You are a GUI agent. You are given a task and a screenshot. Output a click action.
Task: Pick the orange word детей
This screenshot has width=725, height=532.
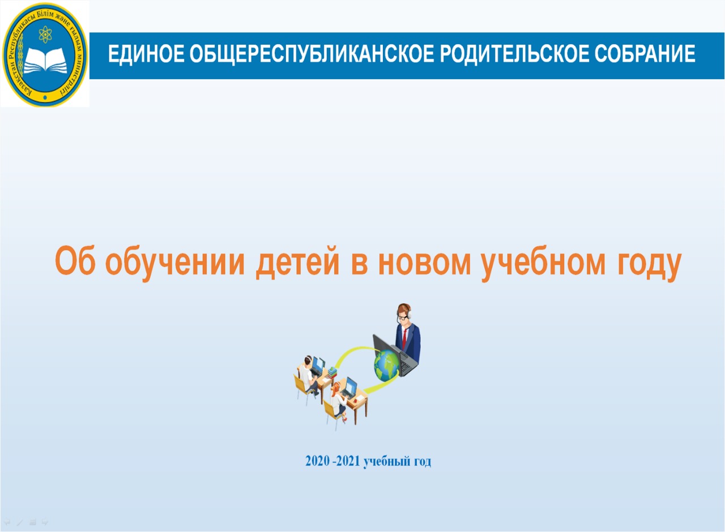point(297,264)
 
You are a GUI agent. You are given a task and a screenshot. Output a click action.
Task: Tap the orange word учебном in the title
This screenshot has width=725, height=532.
point(543,264)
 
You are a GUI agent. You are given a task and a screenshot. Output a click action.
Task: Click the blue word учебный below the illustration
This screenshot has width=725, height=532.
point(386,462)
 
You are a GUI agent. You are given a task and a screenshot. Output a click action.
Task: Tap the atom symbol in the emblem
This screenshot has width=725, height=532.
point(45,35)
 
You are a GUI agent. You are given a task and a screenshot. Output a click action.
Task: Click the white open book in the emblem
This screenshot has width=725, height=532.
point(45,61)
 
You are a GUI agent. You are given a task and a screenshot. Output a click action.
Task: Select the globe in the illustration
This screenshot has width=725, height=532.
point(386,366)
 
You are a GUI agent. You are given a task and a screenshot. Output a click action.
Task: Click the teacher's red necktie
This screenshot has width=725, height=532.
point(404,338)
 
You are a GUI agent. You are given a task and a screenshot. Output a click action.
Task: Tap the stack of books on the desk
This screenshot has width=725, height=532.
point(332,372)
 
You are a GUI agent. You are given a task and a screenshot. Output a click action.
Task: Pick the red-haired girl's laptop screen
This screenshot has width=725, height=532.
point(352,386)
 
